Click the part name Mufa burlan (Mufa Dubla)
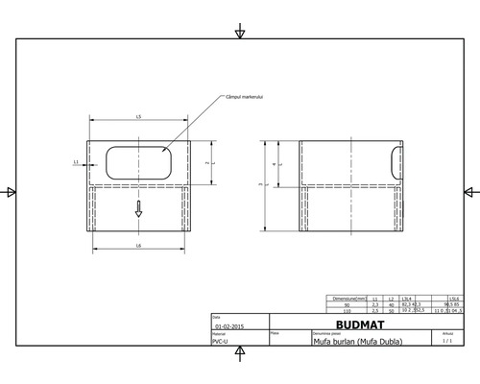(x=357, y=342)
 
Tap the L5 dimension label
(x=139, y=116)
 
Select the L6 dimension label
(x=139, y=248)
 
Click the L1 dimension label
(x=76, y=163)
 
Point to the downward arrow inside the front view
(x=138, y=209)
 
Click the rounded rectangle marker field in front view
(x=139, y=162)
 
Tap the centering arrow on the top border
(x=239, y=34)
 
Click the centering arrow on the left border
(x=11, y=192)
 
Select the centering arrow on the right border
(x=468, y=192)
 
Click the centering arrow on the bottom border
(x=239, y=352)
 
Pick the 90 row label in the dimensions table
(x=347, y=304)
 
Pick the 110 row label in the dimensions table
(x=347, y=311)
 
